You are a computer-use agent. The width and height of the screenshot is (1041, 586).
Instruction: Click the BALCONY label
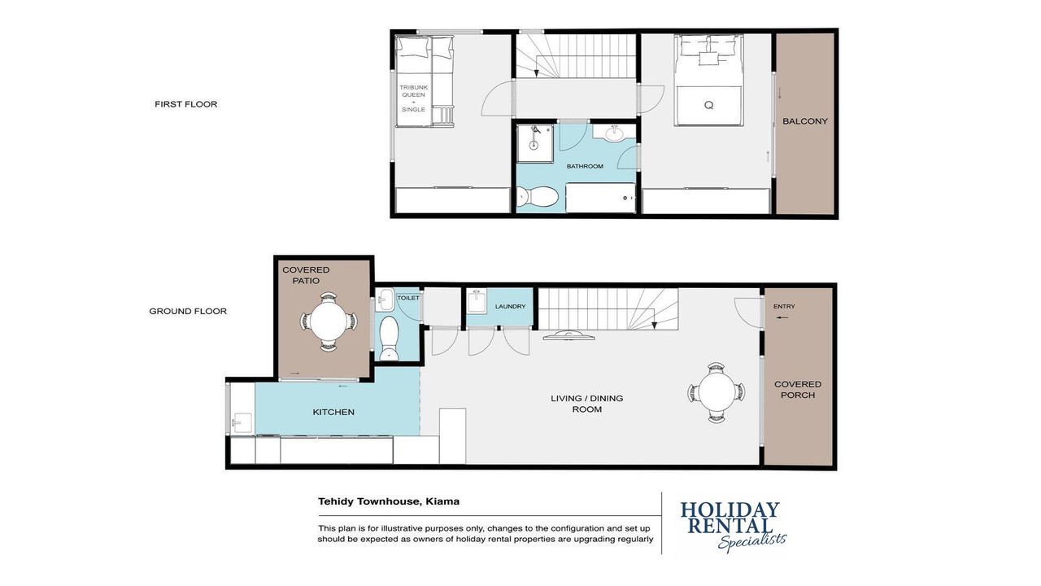(805, 121)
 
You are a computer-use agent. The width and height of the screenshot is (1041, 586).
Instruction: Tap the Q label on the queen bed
(708, 106)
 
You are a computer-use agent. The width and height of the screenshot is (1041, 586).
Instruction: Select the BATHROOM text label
(585, 166)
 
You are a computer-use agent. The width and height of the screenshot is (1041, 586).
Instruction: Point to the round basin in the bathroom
(614, 133)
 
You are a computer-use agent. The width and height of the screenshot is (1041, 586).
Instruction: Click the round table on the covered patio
(329, 321)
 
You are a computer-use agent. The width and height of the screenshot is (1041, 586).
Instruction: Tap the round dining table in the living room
(717, 392)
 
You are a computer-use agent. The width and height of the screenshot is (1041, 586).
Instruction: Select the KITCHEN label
(333, 412)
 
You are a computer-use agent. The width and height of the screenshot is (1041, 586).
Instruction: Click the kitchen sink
(242, 422)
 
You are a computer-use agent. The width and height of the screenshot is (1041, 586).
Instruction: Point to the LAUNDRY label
(510, 307)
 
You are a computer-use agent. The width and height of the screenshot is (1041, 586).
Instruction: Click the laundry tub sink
(477, 301)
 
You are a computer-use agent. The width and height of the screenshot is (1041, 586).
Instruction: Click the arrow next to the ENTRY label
(782, 317)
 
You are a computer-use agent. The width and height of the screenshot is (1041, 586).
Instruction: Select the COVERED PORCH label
(798, 390)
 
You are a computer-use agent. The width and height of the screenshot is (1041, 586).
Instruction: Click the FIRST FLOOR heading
(186, 104)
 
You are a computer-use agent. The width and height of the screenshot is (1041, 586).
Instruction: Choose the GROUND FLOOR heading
(188, 311)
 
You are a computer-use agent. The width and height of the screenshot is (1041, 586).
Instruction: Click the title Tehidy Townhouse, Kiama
(389, 501)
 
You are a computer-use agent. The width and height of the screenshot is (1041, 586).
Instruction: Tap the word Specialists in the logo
(752, 541)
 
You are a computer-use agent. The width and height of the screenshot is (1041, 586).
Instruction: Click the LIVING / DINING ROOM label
(587, 404)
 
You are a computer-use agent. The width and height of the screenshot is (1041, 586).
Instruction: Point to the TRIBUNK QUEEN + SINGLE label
(414, 98)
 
